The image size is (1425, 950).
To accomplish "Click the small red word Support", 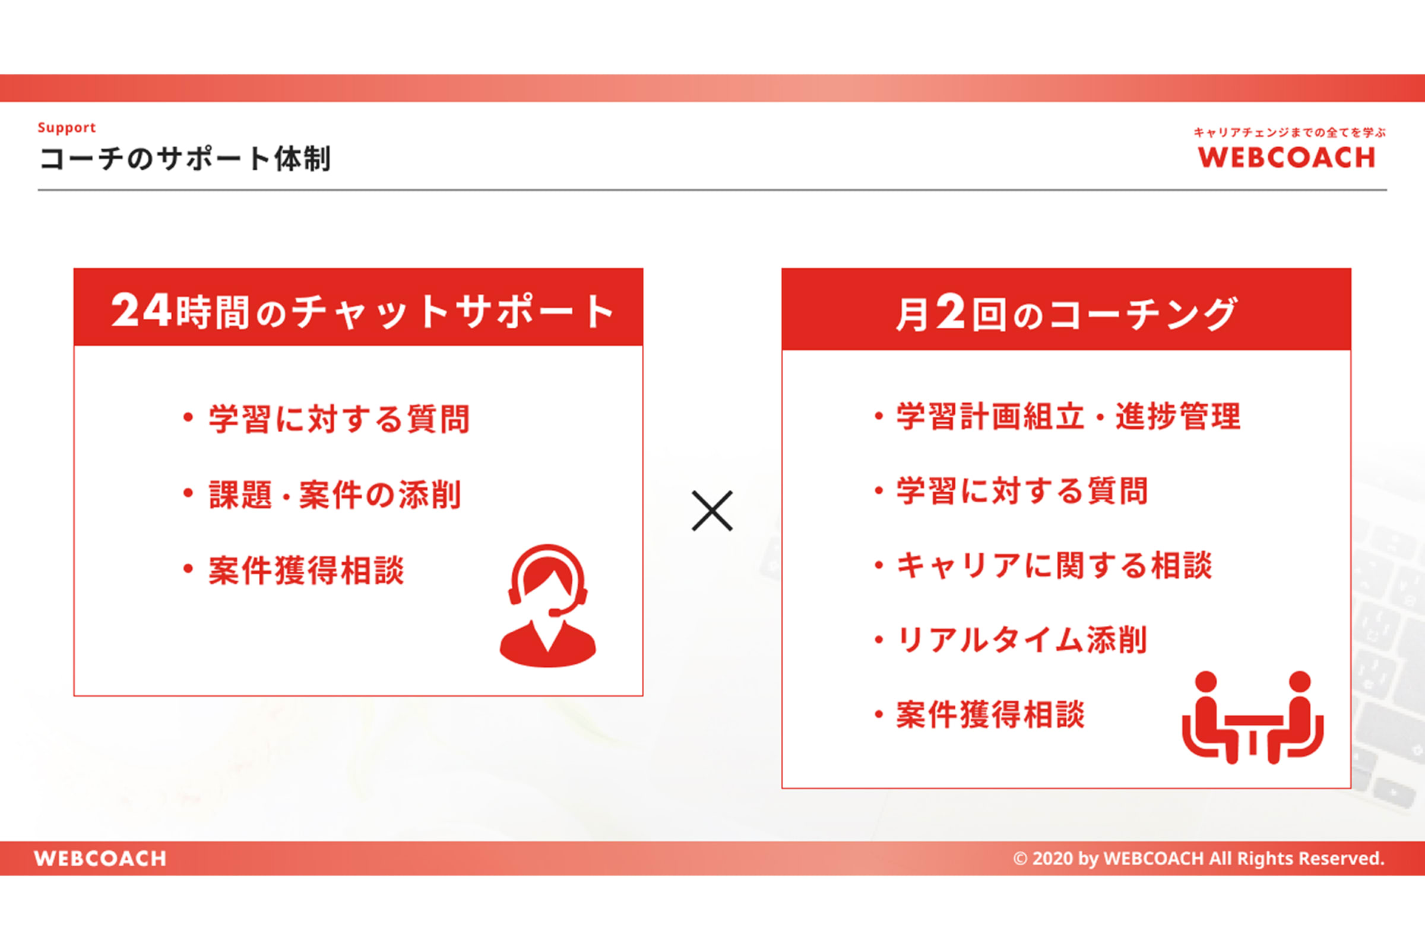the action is click(66, 128).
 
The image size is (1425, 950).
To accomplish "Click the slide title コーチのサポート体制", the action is click(185, 159).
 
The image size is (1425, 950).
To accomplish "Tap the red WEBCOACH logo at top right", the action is click(1286, 157).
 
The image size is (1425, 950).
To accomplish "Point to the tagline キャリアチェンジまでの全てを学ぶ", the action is click(1290, 132).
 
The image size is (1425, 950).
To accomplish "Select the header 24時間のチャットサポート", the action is click(362, 311).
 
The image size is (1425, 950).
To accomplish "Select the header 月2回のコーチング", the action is click(1066, 313).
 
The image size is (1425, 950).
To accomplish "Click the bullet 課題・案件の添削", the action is click(335, 495).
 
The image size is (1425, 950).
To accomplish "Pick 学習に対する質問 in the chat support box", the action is click(339, 419).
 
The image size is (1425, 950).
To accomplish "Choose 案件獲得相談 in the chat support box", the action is click(306, 570).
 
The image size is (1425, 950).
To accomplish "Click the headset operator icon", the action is click(547, 605).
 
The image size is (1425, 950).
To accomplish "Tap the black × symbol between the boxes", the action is click(712, 511).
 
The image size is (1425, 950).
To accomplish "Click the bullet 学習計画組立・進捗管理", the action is click(1069, 416).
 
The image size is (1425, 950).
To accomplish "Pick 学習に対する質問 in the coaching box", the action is click(1022, 491).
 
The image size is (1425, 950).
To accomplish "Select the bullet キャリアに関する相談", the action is click(1054, 565).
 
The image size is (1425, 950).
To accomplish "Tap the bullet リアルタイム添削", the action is click(1022, 640).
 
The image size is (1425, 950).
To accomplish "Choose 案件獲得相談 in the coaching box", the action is click(990, 714).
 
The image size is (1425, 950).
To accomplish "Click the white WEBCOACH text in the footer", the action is click(100, 859).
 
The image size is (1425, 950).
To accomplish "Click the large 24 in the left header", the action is click(141, 310).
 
